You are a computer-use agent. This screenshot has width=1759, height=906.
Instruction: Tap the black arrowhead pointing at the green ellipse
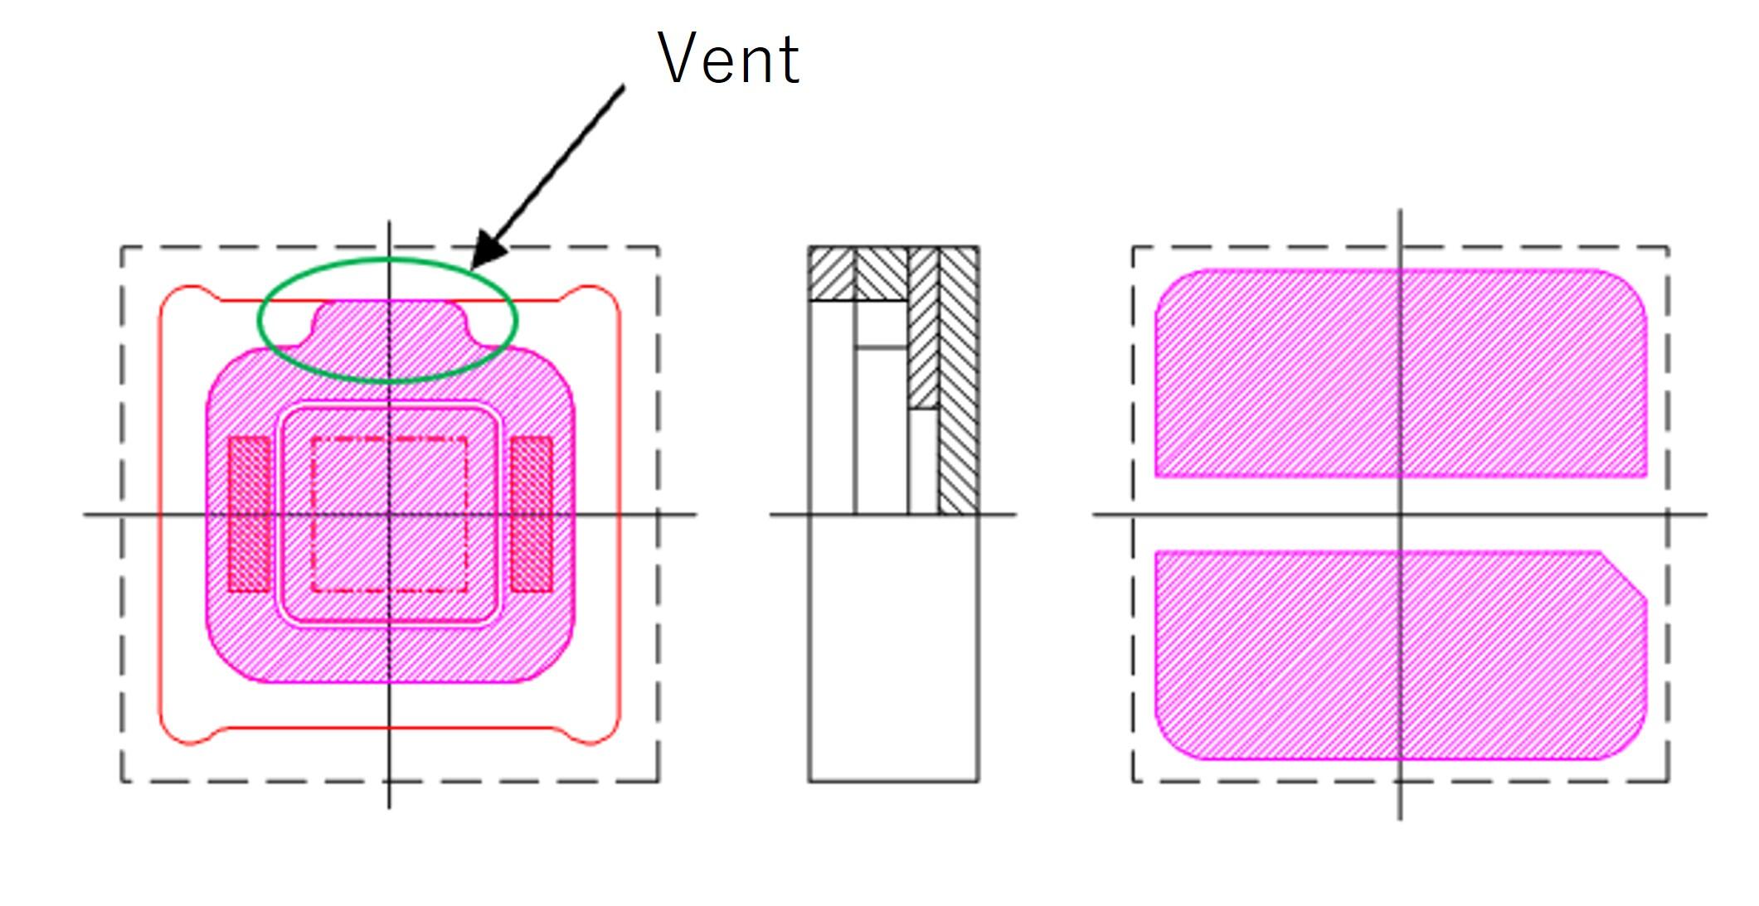pyautogui.click(x=488, y=250)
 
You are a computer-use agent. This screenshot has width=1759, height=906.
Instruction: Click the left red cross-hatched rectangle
pyautogui.click(x=249, y=514)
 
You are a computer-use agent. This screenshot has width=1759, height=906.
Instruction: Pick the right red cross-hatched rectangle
pyautogui.click(x=531, y=514)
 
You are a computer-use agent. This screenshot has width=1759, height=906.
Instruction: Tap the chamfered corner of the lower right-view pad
pyautogui.click(x=1624, y=574)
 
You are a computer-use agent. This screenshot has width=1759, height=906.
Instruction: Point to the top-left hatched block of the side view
pyautogui.click(x=831, y=274)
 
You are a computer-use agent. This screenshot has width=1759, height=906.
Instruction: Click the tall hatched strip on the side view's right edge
pyautogui.click(x=959, y=381)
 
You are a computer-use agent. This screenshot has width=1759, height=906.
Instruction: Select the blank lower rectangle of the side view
pyautogui.click(x=893, y=647)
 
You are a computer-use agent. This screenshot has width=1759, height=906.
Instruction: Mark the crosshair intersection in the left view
pyautogui.click(x=389, y=515)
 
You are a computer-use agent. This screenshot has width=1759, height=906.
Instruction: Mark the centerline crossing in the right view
pyautogui.click(x=1401, y=515)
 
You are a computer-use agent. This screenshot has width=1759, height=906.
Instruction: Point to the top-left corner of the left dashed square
pyautogui.click(x=122, y=247)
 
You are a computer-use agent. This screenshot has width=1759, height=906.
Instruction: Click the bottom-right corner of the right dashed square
pyautogui.click(x=1668, y=780)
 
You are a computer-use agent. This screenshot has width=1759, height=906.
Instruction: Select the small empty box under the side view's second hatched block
pyautogui.click(x=881, y=324)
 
